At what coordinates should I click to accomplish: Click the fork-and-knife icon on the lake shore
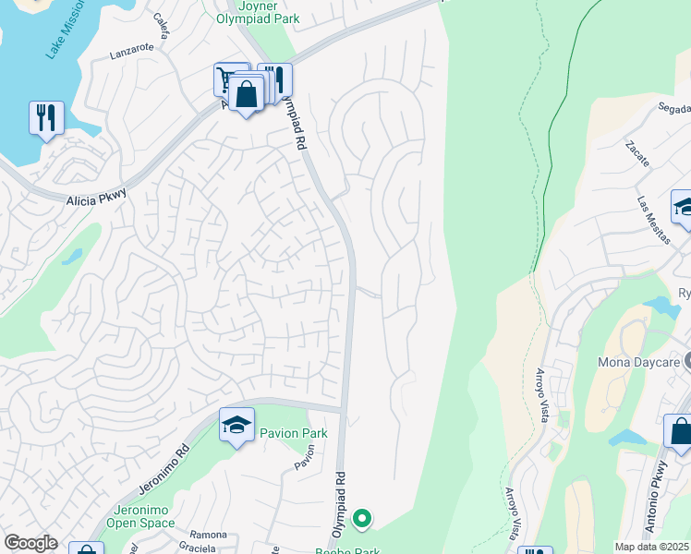point(46,118)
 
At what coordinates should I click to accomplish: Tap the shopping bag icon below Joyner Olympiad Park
point(247,94)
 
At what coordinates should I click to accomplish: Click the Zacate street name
point(636,154)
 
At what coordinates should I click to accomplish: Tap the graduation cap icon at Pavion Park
point(237,426)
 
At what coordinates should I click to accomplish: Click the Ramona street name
point(208,535)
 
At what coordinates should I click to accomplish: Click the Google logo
point(31,543)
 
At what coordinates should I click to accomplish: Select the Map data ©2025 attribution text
point(651,547)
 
